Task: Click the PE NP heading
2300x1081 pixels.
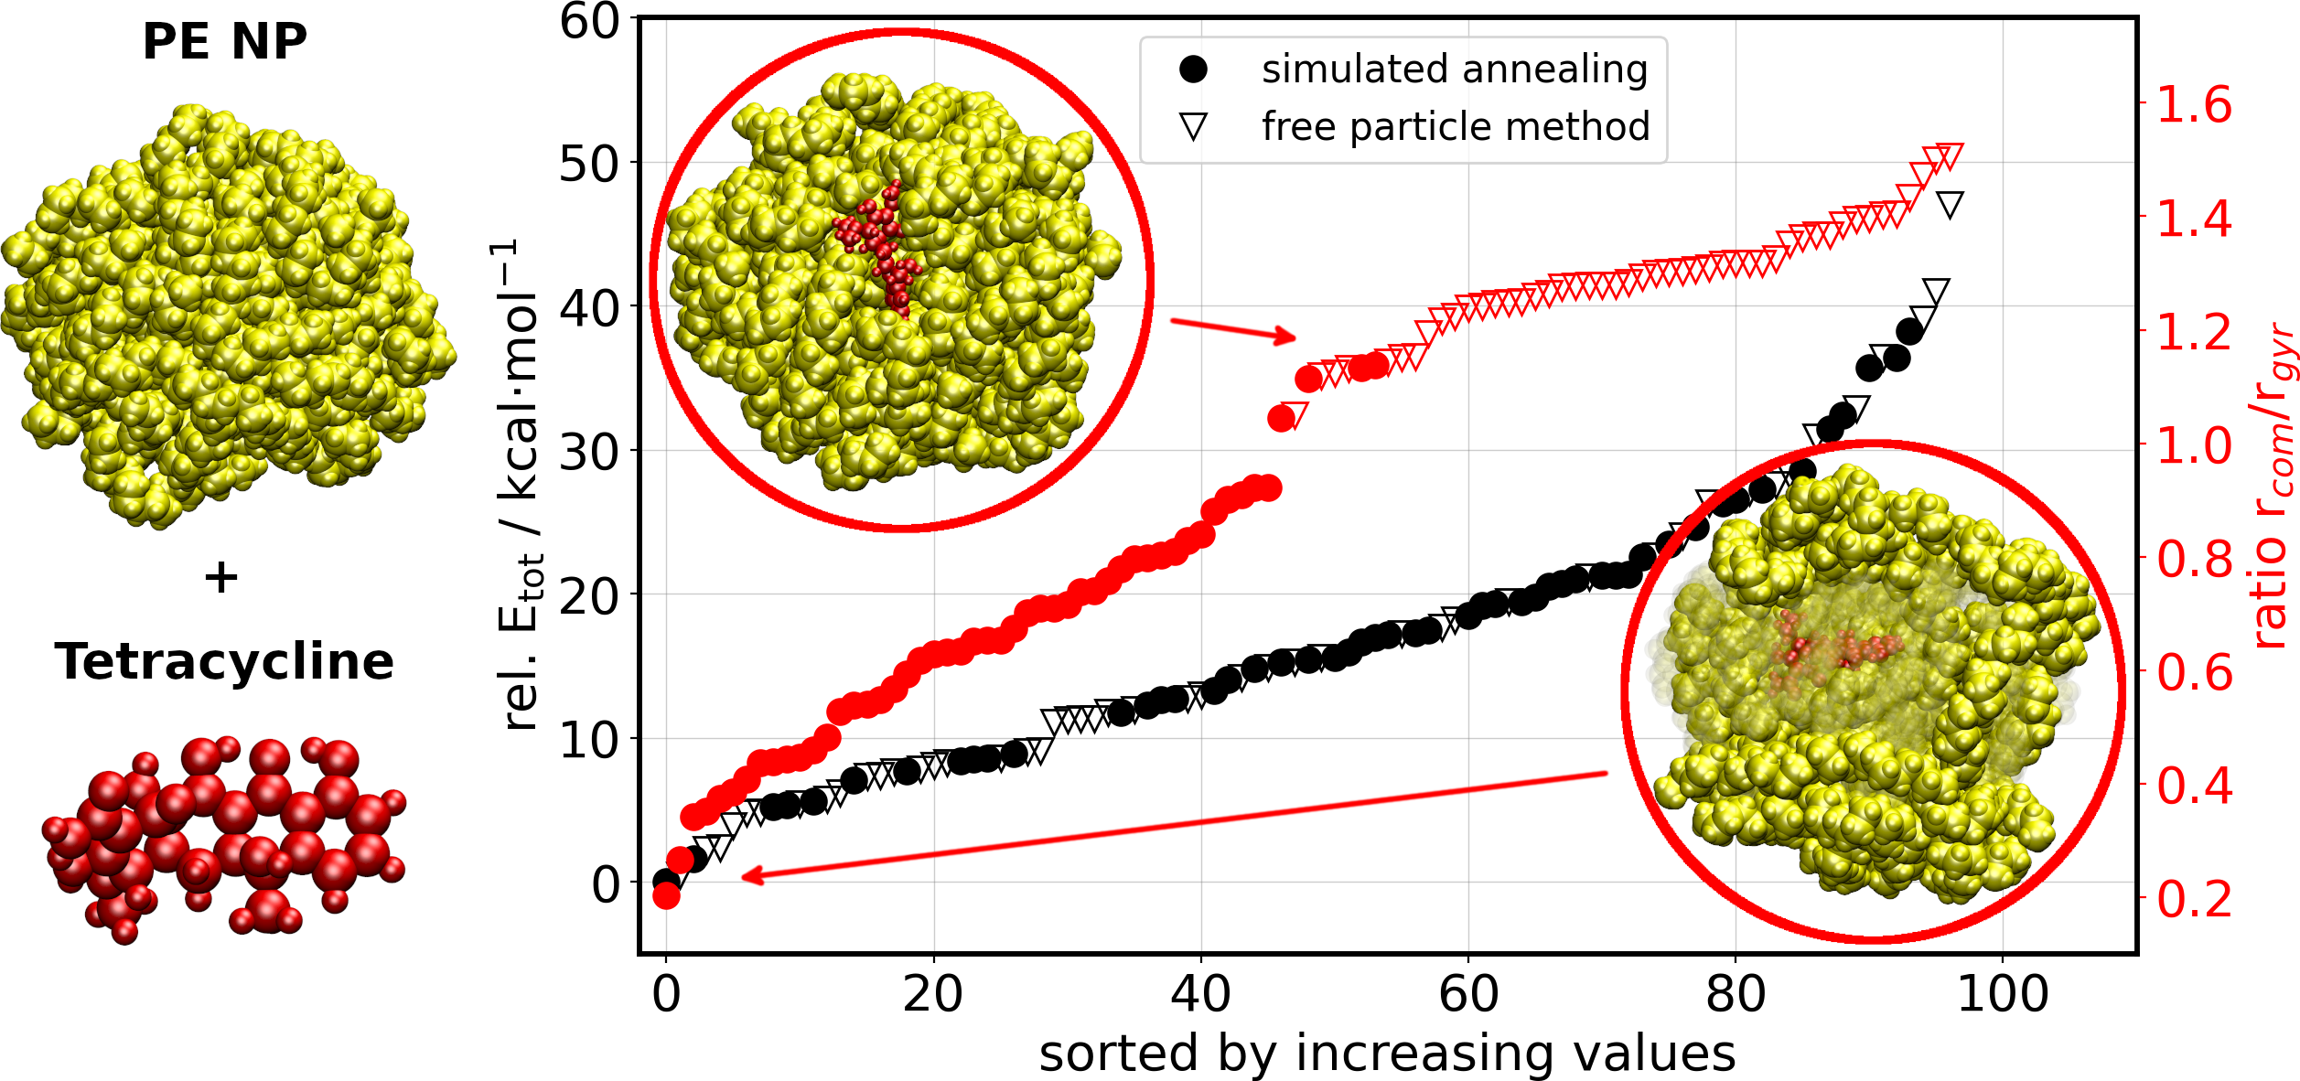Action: point(224,42)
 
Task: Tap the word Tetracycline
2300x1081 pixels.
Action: point(224,661)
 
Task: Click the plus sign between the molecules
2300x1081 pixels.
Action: point(221,577)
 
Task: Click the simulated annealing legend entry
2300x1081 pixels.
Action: point(1454,70)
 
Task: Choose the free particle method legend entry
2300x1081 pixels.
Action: point(1455,126)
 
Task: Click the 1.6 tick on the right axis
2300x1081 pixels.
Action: point(2194,104)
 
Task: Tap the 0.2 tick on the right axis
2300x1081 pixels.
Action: point(2194,900)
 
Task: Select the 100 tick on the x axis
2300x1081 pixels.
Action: point(2003,994)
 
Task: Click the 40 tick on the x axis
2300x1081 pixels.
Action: point(1200,994)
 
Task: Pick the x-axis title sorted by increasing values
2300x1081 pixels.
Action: point(1387,1054)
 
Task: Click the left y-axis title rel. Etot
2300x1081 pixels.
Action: point(522,485)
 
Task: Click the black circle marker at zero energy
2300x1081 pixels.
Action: point(666,882)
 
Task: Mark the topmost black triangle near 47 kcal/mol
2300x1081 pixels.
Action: point(1950,205)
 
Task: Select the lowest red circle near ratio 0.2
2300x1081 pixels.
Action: point(666,896)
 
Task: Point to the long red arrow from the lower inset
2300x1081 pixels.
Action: point(1171,826)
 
